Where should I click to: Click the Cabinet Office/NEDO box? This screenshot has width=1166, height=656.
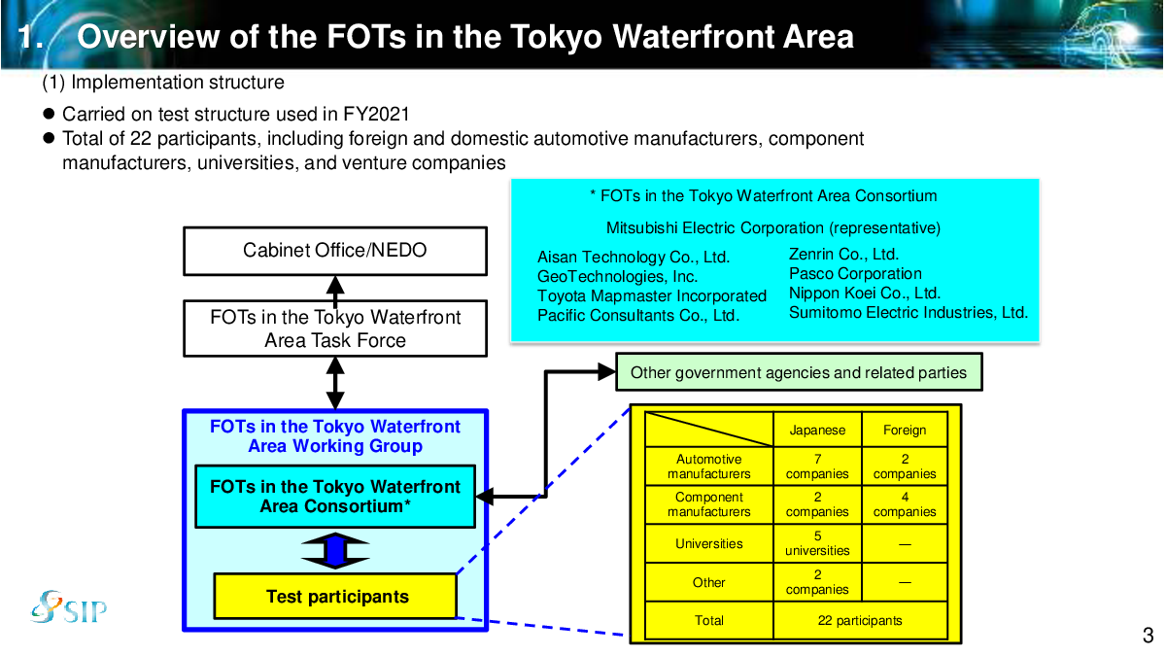click(x=335, y=251)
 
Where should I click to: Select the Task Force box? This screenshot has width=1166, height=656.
click(x=335, y=328)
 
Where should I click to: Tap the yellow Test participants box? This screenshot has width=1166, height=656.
click(x=335, y=596)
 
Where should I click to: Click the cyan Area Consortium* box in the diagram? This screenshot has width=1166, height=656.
click(x=335, y=497)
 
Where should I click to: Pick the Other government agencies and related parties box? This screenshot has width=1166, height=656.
click(x=799, y=372)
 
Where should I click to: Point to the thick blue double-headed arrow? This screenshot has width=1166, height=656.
click(x=335, y=550)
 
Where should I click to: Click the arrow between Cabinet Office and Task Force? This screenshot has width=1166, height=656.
click(x=335, y=288)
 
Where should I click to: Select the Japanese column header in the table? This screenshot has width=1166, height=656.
click(x=817, y=430)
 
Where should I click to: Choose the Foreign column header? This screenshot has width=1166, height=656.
click(x=905, y=430)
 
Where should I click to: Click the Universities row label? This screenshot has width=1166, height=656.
click(x=709, y=544)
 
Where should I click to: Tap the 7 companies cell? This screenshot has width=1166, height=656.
click(x=817, y=466)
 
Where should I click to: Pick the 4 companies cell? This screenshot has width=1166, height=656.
click(x=905, y=504)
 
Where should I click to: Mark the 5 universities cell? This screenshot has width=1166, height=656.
click(x=817, y=543)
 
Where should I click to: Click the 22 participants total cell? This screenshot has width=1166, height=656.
click(x=860, y=620)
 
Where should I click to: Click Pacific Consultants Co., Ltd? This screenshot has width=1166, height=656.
click(x=638, y=315)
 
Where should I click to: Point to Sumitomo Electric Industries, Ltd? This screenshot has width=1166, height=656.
click(x=908, y=312)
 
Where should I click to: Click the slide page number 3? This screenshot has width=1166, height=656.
click(x=1148, y=637)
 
